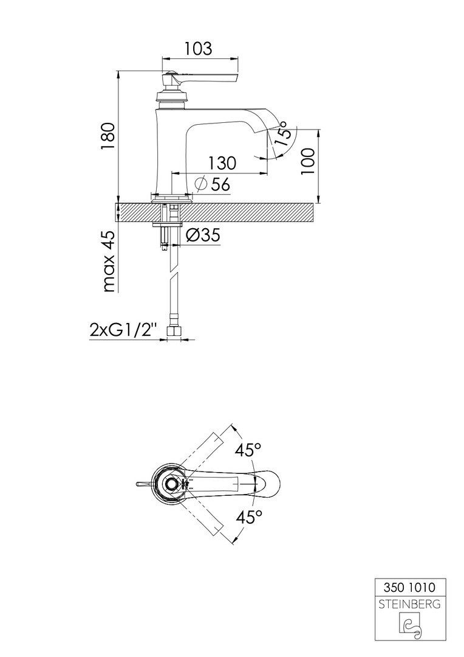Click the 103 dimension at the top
point(198,49)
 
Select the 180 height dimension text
point(107,137)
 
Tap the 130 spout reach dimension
point(222,162)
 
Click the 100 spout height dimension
point(307,161)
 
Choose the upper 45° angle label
point(248,450)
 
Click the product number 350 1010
point(409,588)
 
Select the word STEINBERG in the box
point(409,605)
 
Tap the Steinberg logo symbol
point(409,628)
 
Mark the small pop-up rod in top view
point(143,484)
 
